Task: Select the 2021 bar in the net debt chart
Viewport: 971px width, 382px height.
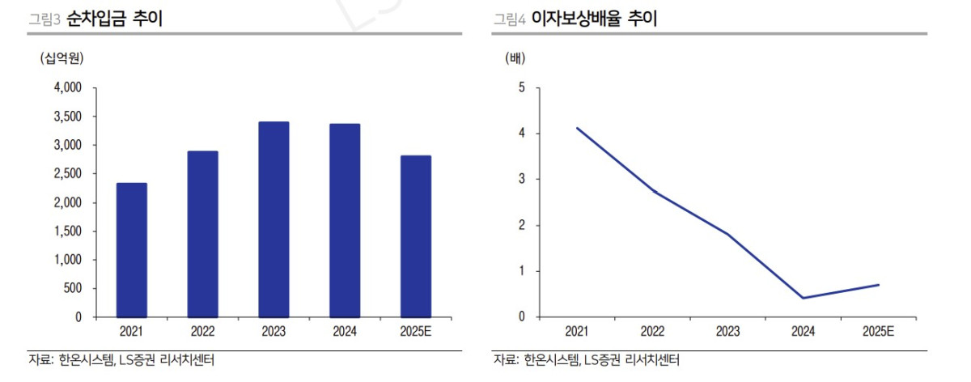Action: click(x=132, y=250)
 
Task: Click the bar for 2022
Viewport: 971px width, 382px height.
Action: click(x=203, y=234)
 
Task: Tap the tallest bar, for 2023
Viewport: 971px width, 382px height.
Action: click(x=274, y=219)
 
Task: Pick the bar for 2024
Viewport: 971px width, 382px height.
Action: click(x=345, y=220)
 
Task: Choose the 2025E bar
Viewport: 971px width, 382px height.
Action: click(x=416, y=236)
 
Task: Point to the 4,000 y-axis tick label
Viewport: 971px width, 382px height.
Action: click(x=67, y=87)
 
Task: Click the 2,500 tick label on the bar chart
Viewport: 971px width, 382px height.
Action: click(x=67, y=174)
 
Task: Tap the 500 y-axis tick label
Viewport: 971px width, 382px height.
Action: click(x=73, y=289)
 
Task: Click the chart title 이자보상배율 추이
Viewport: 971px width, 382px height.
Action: click(x=594, y=19)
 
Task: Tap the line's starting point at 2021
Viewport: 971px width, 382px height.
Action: click(x=577, y=128)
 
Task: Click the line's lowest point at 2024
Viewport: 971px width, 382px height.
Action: click(x=803, y=298)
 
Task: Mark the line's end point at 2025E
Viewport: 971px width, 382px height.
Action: click(x=879, y=285)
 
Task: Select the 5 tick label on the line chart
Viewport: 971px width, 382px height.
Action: click(x=522, y=87)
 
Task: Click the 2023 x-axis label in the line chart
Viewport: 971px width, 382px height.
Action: click(x=727, y=331)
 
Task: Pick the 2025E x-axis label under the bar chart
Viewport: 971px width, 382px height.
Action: click(x=416, y=331)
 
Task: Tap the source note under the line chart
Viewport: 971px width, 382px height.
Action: click(x=586, y=360)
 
